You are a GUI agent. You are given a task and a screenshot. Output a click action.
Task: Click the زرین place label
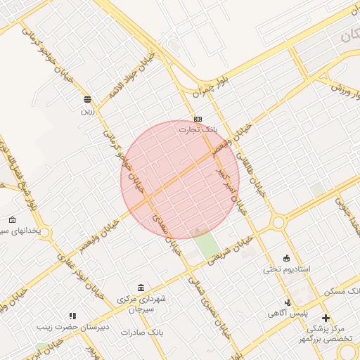(87, 110)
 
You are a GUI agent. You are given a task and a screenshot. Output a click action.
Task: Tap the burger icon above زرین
(87, 99)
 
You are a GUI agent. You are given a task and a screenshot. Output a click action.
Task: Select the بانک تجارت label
(198, 129)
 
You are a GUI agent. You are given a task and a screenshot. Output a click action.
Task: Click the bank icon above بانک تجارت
(198, 119)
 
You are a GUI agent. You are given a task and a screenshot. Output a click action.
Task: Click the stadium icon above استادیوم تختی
(285, 258)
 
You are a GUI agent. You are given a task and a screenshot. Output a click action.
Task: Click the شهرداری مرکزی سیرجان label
(142, 304)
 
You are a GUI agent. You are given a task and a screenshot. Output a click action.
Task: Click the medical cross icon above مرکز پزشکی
(326, 318)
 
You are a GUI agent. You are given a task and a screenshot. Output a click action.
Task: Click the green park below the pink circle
(206, 245)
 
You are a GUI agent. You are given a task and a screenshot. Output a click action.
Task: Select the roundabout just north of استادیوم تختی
(278, 223)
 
